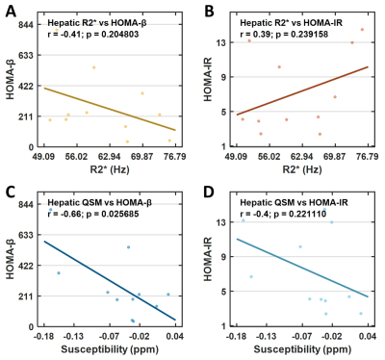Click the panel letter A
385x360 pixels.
click(x=11, y=12)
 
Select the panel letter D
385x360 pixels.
click(x=210, y=193)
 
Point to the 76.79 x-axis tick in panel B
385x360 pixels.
click(x=368, y=157)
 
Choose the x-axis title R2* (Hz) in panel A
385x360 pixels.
click(x=110, y=169)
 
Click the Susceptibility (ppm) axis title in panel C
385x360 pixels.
click(x=110, y=349)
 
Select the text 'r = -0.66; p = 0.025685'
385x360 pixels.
click(x=93, y=214)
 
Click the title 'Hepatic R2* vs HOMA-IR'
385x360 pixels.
click(x=292, y=23)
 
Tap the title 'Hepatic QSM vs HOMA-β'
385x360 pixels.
click(x=100, y=202)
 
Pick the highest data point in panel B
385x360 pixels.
click(x=362, y=30)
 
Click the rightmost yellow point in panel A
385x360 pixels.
click(x=169, y=141)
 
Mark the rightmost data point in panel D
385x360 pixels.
click(x=361, y=314)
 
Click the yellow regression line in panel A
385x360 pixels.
click(x=110, y=109)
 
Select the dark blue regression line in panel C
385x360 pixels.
click(x=110, y=280)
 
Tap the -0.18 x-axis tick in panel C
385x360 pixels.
click(x=44, y=336)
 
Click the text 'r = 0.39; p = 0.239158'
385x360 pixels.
click(x=284, y=34)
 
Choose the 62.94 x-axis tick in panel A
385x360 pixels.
click(x=110, y=157)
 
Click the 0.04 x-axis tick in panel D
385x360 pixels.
click(x=368, y=336)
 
